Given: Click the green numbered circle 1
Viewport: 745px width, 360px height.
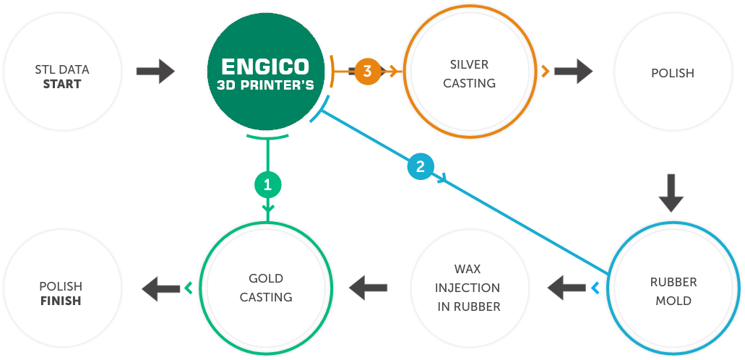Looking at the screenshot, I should tap(267, 184).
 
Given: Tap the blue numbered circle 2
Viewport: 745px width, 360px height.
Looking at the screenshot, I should tap(420, 167).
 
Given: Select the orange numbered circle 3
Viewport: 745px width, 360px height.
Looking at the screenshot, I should tap(367, 72).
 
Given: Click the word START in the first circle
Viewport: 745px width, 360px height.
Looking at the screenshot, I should tap(61, 84).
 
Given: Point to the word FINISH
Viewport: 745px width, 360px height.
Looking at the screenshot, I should tap(61, 300).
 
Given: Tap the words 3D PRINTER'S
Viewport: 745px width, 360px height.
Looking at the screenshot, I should tap(266, 85).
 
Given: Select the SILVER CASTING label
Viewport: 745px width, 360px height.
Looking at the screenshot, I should tap(469, 74).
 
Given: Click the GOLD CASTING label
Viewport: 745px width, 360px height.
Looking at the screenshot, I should tap(266, 288).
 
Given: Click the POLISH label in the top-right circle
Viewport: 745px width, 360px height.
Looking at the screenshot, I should tap(672, 73).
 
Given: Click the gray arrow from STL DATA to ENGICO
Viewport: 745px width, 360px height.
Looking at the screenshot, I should tap(155, 72).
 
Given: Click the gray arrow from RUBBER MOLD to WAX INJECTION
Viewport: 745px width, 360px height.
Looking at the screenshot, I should tap(566, 288).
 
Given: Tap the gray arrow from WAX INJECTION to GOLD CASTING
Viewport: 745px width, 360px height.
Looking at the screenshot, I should tap(368, 288).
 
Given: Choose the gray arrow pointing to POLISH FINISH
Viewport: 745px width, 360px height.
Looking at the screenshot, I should tap(160, 288).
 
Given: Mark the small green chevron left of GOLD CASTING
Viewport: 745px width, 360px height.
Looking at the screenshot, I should tap(189, 288).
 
